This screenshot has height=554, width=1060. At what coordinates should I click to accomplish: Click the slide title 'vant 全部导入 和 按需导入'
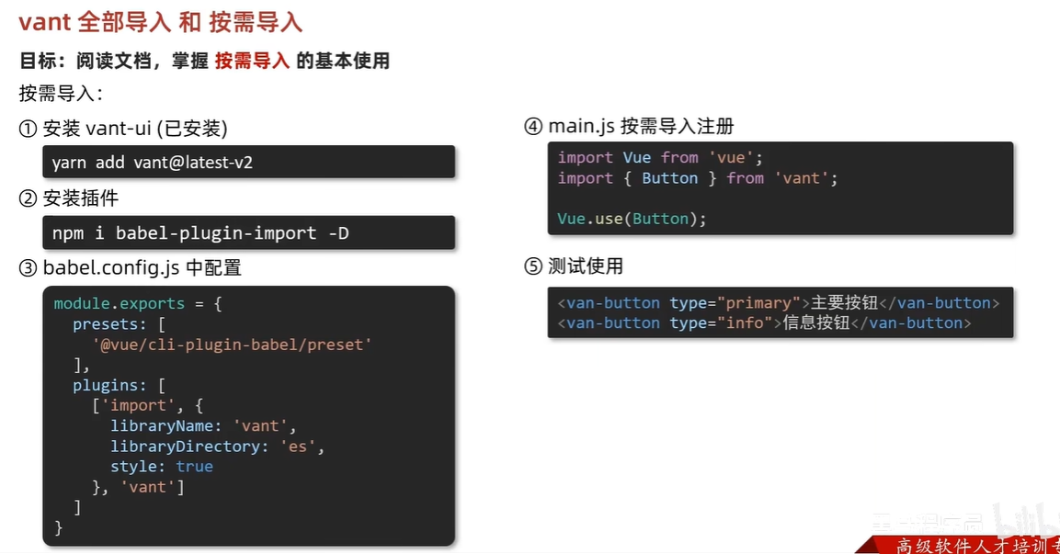tap(161, 22)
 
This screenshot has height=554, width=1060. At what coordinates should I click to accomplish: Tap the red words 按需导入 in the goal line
tap(252, 62)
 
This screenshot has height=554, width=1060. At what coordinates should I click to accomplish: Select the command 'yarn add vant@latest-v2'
tap(153, 163)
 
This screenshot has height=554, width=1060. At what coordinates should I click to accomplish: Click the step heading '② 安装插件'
tap(69, 198)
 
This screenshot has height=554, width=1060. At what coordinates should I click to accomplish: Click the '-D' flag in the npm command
tap(338, 233)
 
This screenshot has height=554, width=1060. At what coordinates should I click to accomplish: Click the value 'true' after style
tap(195, 467)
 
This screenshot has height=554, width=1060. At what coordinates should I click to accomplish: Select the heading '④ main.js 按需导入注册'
tap(629, 127)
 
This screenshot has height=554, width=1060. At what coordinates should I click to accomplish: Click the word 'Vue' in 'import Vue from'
tap(636, 158)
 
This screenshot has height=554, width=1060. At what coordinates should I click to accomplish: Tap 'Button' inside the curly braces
tap(669, 178)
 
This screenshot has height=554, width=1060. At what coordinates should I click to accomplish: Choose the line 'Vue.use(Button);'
tap(632, 219)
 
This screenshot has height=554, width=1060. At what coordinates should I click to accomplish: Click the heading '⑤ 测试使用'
tap(574, 266)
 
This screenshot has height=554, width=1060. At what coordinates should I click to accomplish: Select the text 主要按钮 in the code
tap(840, 303)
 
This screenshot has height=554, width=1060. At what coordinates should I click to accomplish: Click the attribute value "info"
tap(747, 323)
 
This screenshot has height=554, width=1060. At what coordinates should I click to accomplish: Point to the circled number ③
tap(28, 268)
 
